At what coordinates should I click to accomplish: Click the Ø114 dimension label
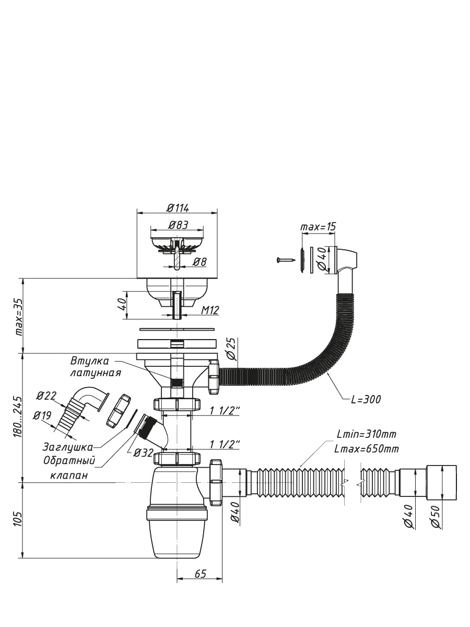point(178,208)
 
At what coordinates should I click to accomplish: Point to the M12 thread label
point(210,310)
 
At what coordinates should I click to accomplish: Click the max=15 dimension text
point(318,227)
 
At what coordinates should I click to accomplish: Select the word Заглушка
point(68,447)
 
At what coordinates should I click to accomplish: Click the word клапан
point(69,475)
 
